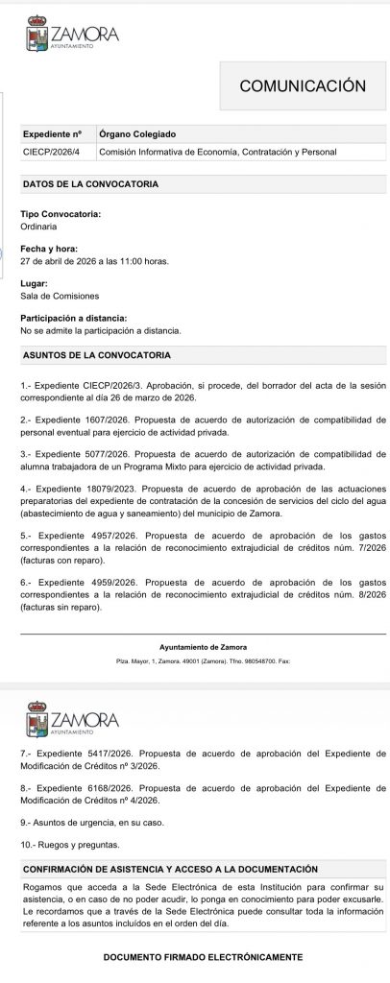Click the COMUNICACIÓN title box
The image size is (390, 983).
(302, 86)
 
